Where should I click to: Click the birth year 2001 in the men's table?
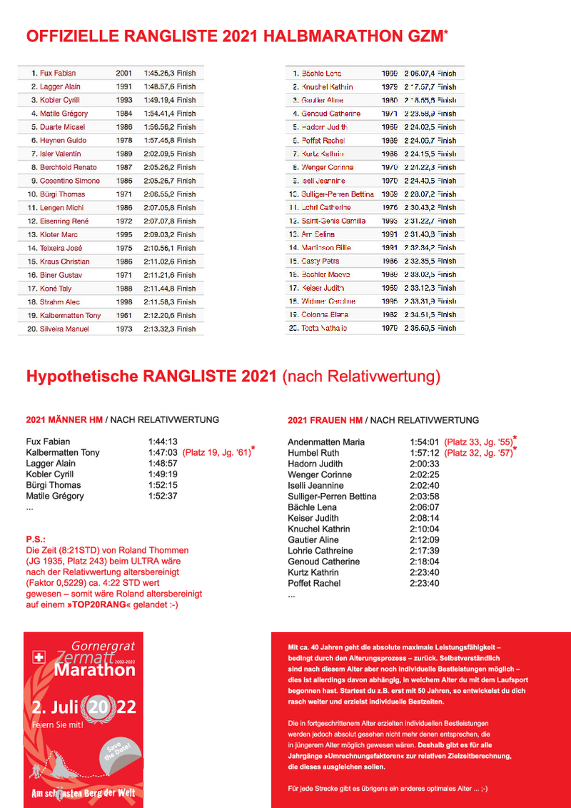tap(123, 73)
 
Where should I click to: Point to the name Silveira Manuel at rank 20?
tap(65, 329)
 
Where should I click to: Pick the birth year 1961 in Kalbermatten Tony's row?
tap(123, 315)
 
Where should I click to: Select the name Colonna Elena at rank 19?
tap(325, 315)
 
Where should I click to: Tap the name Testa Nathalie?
tap(324, 329)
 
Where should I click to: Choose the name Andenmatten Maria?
tap(326, 442)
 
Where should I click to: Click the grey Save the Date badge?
tap(115, 751)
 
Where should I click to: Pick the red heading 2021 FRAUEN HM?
tap(325, 420)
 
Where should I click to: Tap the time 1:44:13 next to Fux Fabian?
tap(163, 442)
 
